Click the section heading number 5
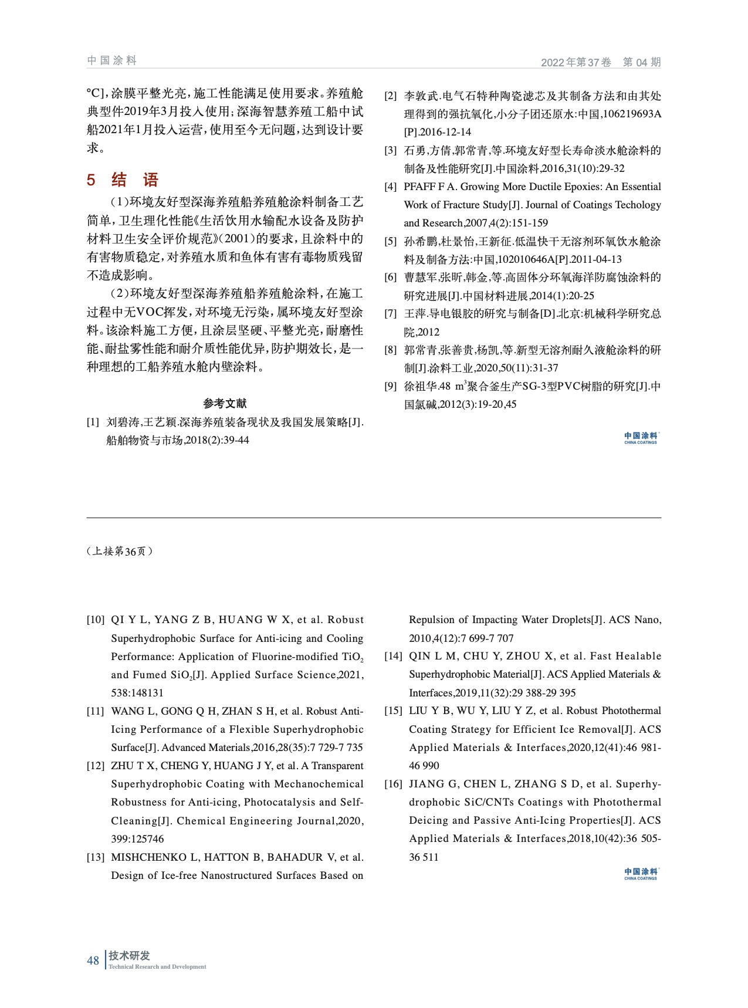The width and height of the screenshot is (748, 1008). click(91, 180)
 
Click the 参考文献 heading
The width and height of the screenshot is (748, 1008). click(225, 403)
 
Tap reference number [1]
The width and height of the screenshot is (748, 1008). click(93, 422)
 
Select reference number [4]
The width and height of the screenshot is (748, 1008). click(390, 187)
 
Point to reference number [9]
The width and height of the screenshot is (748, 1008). click(390, 386)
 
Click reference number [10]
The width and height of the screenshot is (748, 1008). click(96, 620)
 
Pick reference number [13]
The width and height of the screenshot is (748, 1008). click(96, 857)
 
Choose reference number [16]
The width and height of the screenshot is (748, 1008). click(394, 784)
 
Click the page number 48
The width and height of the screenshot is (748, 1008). click(93, 960)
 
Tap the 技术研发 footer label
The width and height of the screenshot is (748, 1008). click(129, 956)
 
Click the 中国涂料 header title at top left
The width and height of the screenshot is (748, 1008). click(111, 60)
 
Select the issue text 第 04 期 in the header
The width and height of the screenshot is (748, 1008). click(641, 62)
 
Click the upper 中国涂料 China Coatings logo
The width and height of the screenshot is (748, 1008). click(641, 438)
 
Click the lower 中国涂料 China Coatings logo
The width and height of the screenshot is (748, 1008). click(641, 874)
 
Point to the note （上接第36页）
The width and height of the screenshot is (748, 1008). click(120, 551)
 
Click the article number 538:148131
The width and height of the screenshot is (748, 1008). click(137, 693)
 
